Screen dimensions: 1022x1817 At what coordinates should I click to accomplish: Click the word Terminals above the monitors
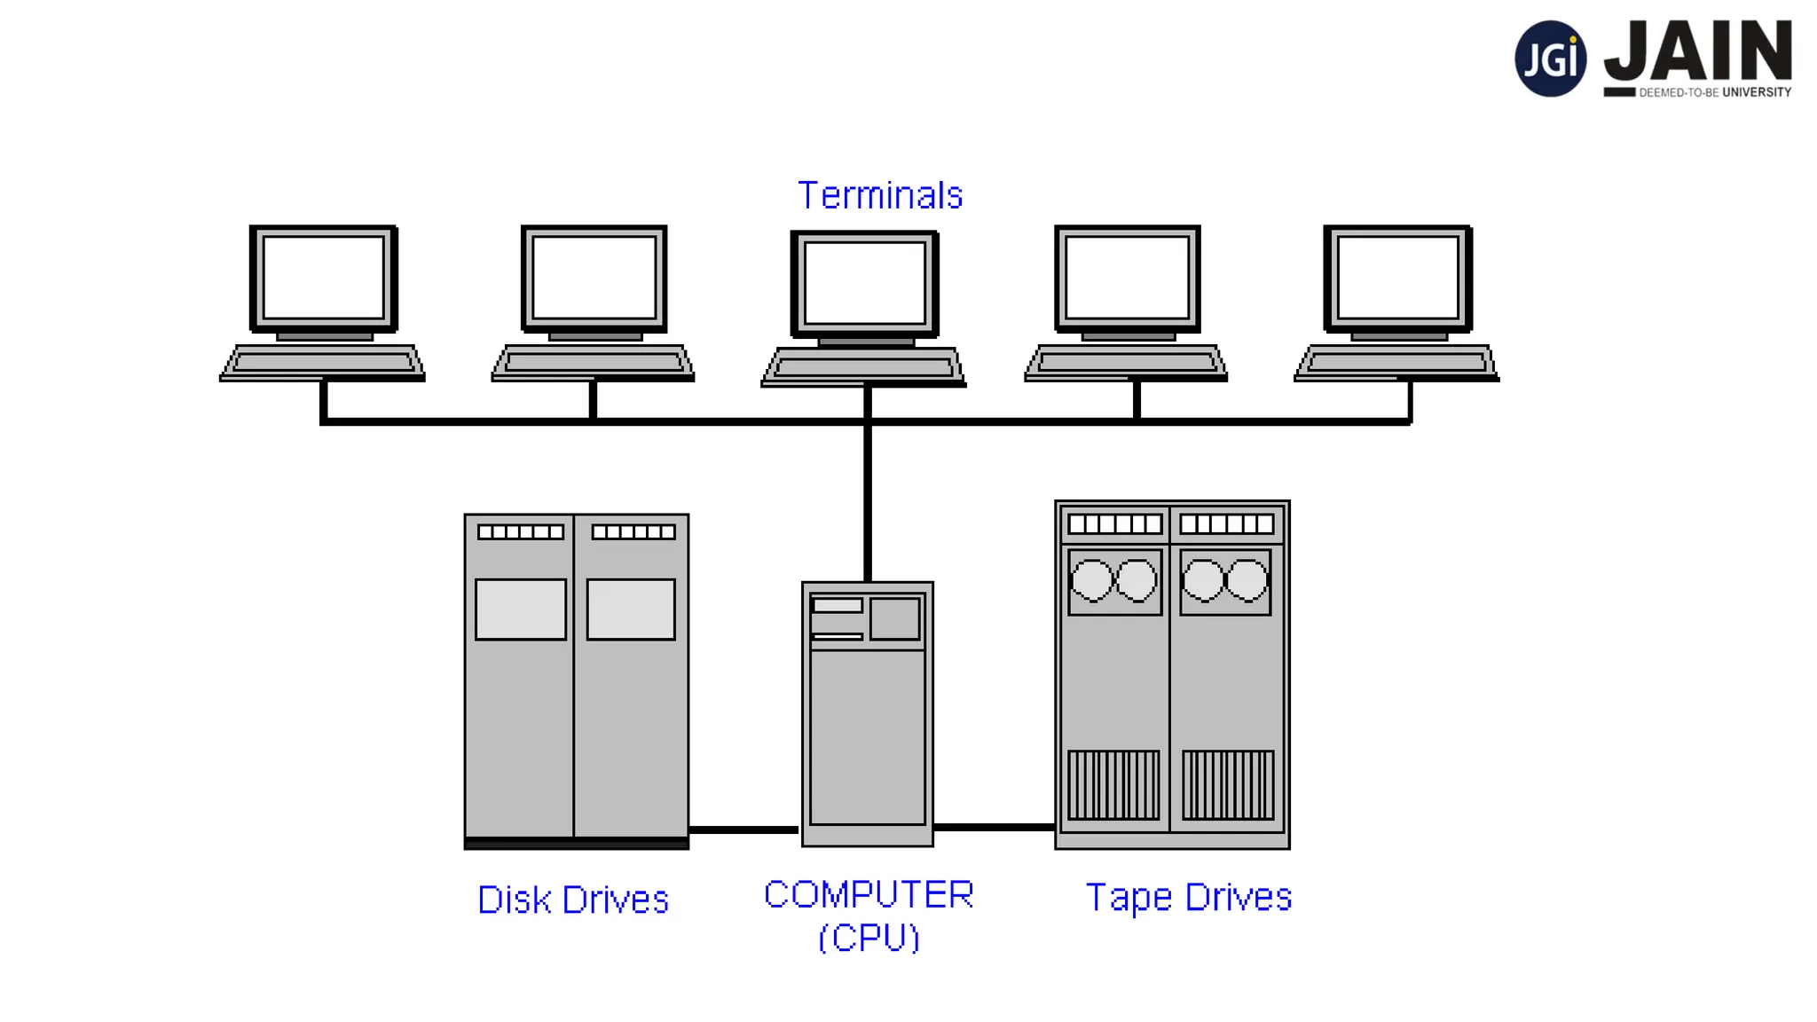(x=879, y=195)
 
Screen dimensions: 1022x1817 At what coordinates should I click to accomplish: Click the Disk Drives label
(x=572, y=900)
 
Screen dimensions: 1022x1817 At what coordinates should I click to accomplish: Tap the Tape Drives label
(x=1188, y=897)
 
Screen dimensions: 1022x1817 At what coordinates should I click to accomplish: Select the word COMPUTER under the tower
(x=868, y=894)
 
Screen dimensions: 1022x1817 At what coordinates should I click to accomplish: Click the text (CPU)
(x=868, y=938)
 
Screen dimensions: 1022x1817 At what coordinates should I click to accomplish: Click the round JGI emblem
(x=1549, y=59)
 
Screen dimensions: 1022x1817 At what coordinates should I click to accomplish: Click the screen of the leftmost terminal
(x=324, y=277)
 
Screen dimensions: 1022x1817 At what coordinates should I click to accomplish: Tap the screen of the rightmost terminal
(x=1397, y=277)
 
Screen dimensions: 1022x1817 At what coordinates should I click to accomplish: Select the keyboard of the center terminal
(x=863, y=366)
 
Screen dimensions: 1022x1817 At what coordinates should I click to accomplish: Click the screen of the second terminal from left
(x=594, y=277)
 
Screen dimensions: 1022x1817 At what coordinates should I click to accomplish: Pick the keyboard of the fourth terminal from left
(x=1126, y=362)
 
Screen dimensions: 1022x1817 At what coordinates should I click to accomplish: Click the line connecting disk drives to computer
(x=743, y=829)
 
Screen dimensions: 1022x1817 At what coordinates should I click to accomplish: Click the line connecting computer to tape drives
(x=994, y=827)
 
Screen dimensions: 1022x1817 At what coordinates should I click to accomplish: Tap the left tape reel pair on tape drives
(x=1114, y=581)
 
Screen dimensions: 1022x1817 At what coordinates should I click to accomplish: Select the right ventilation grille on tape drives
(x=1227, y=785)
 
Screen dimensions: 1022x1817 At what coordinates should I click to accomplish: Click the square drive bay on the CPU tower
(x=894, y=618)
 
